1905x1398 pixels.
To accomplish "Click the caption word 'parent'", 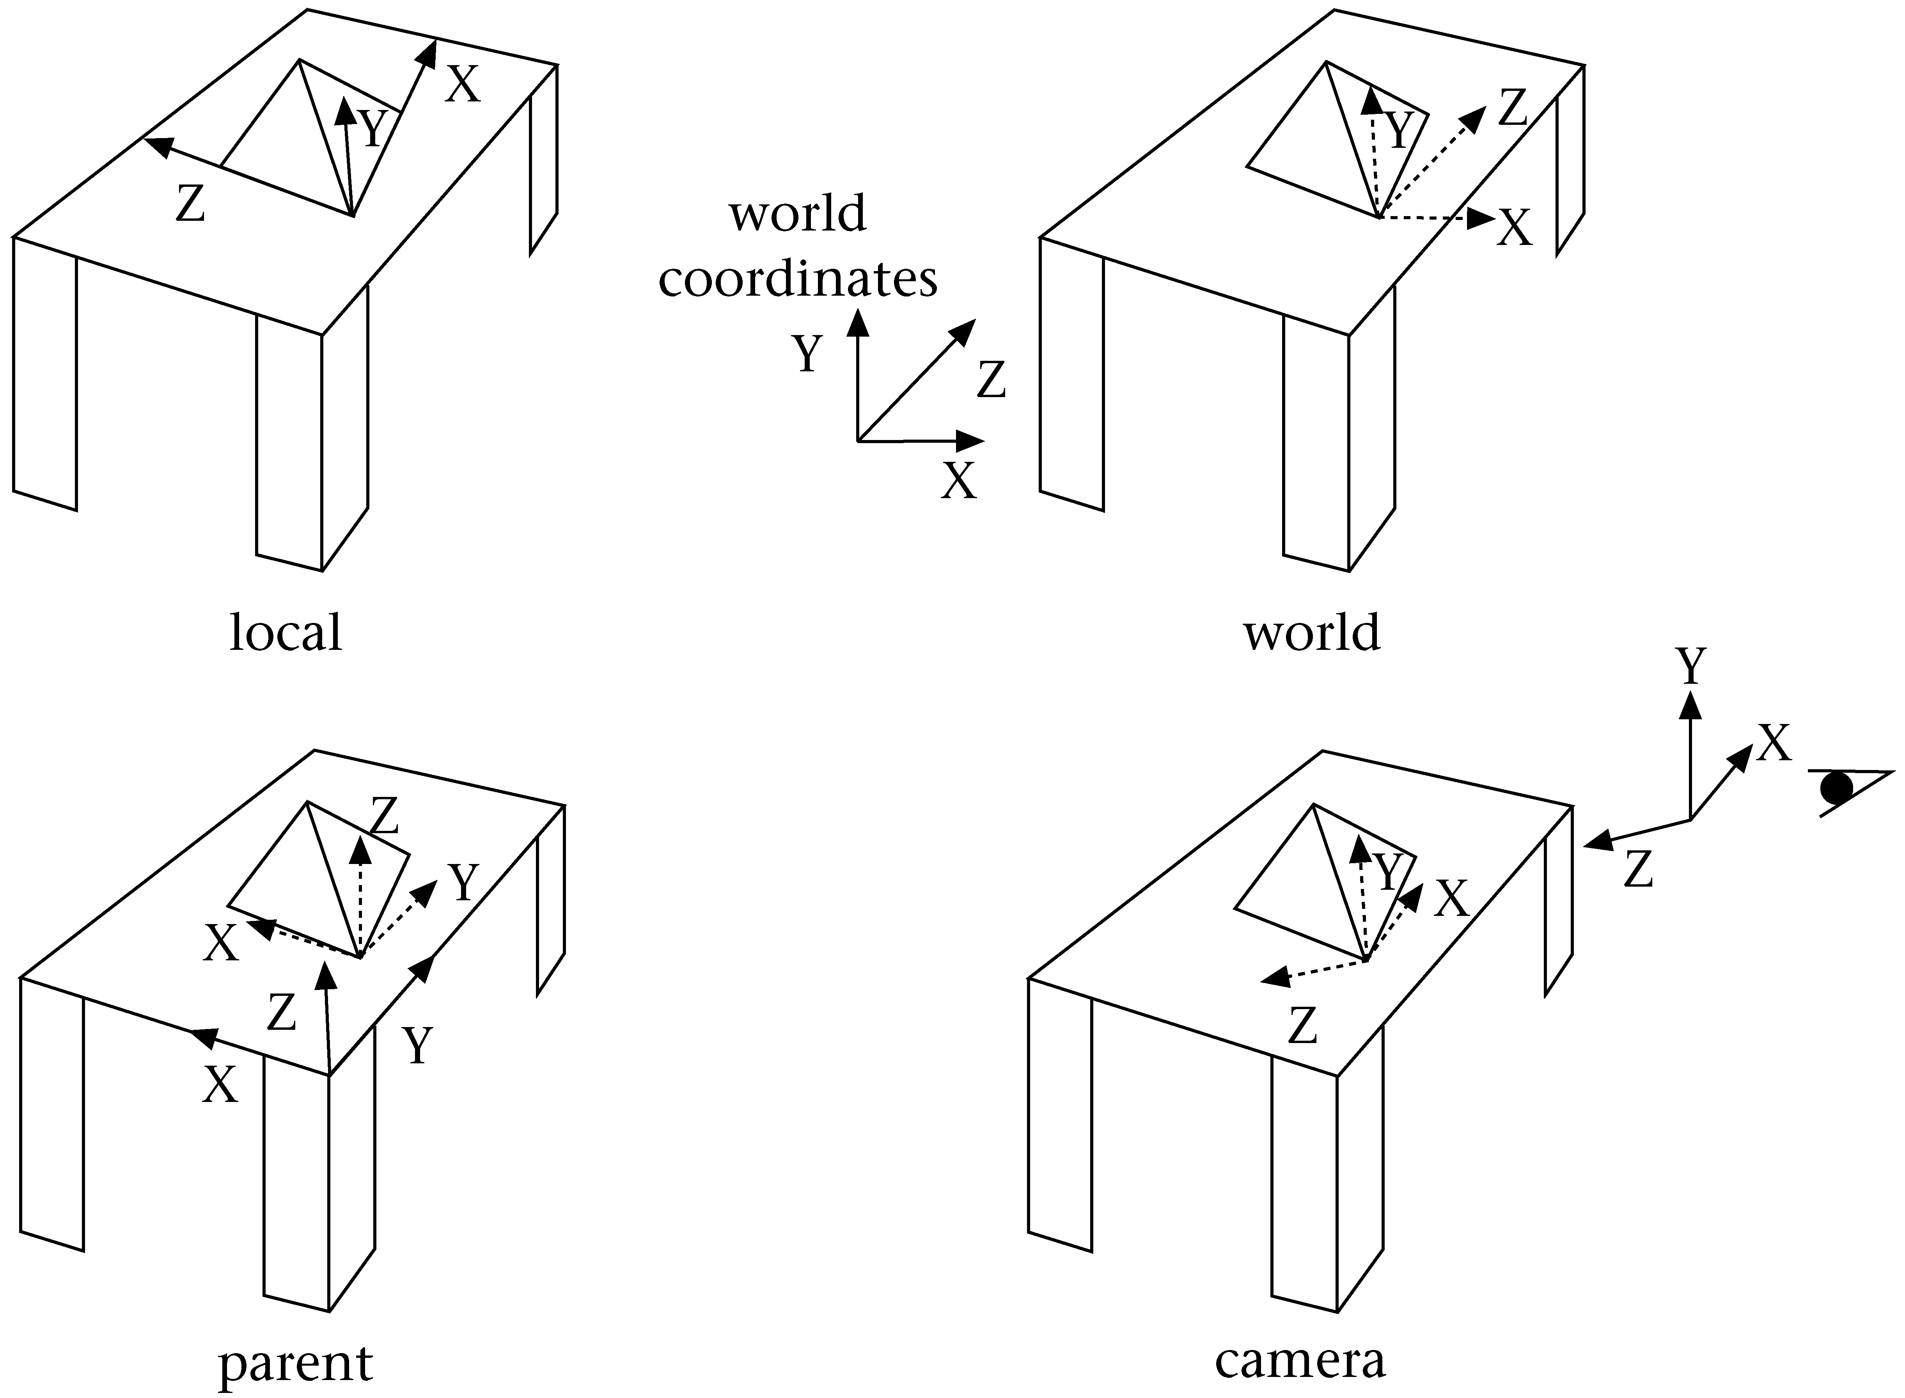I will (295, 1363).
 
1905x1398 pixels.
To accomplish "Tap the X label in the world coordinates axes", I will (959, 481).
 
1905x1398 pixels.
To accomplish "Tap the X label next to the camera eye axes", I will (1774, 744).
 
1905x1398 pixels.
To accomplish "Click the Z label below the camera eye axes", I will (1639, 869).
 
